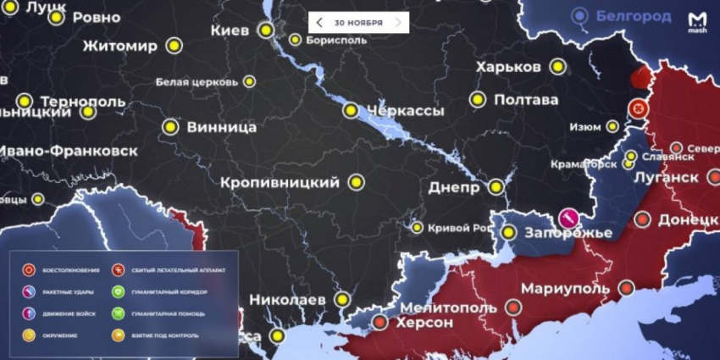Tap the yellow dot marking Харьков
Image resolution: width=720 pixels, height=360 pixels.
tap(557, 66)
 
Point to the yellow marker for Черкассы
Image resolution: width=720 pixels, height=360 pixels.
tap(351, 110)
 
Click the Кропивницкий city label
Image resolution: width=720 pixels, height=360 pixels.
tap(280, 182)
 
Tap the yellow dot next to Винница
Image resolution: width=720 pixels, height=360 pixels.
tap(169, 128)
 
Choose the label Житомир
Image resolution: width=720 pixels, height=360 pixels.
tap(120, 46)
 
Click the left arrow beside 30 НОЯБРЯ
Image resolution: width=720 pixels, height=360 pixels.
tap(319, 23)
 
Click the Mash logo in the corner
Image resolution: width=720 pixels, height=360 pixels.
tap(697, 23)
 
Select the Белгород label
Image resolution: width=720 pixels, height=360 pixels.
tap(634, 15)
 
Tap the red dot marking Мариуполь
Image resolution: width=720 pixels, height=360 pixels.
tap(626, 289)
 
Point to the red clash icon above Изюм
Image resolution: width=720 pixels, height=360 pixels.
tap(637, 108)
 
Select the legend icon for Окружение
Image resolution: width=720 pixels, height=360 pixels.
tap(29, 335)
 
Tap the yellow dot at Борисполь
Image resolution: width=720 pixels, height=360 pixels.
tap(295, 39)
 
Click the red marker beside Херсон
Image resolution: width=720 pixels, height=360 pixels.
tap(380, 322)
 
